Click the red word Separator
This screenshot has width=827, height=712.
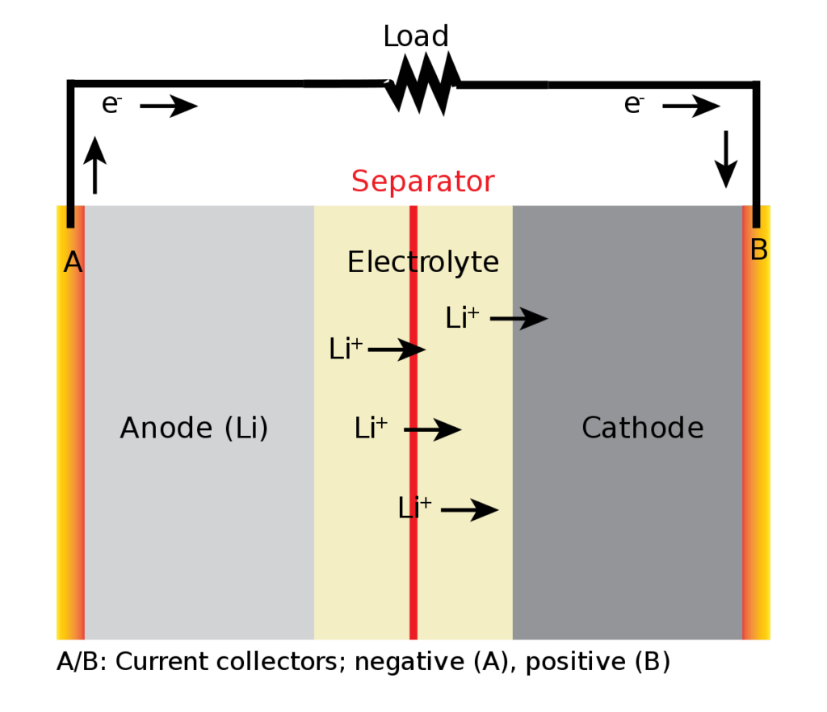click(x=422, y=182)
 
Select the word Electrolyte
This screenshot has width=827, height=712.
click(x=422, y=262)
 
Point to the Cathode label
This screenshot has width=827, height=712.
click(x=642, y=427)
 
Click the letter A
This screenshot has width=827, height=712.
click(x=73, y=262)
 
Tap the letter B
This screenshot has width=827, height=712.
click(x=758, y=250)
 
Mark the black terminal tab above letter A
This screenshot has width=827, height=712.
click(x=71, y=216)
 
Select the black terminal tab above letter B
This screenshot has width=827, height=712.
click(x=757, y=216)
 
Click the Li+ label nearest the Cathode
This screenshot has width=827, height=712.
click(x=462, y=318)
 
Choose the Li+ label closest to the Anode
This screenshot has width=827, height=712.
click(x=346, y=349)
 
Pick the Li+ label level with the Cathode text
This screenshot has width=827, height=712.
click(x=371, y=428)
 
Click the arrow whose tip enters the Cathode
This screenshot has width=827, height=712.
click(x=519, y=318)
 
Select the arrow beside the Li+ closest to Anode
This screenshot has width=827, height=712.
click(x=397, y=350)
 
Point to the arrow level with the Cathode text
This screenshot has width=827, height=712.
click(x=432, y=429)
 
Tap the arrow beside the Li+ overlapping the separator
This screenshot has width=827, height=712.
click(x=469, y=509)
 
